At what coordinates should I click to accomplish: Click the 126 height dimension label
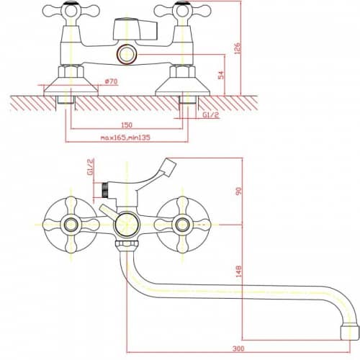click(237, 48)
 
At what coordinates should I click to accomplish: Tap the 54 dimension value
click(221, 75)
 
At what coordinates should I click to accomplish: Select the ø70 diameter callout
click(111, 81)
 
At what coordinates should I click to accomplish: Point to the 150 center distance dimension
click(127, 125)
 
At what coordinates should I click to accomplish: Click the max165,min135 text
click(125, 138)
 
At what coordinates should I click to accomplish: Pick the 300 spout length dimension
click(238, 348)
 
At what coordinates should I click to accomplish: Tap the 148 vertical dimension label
click(239, 271)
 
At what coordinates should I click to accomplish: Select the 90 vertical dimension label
click(239, 191)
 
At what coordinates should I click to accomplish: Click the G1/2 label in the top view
click(211, 115)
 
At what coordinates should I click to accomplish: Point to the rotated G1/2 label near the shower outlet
click(91, 167)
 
